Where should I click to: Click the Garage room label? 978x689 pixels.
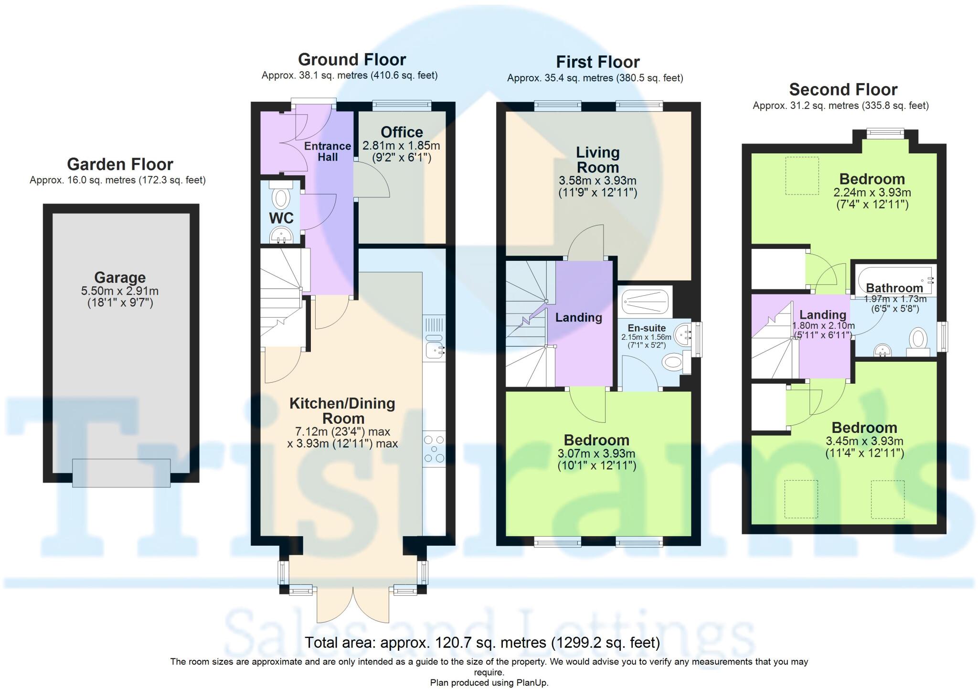[x=120, y=278]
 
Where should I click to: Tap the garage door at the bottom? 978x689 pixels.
[x=121, y=473]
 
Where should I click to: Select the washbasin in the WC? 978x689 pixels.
[x=281, y=235]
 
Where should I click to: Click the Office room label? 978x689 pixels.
[x=402, y=132]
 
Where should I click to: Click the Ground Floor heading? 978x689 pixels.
[x=352, y=60]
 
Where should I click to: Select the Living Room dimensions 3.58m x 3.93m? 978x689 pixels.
[x=597, y=181]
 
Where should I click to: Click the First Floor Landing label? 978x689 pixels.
[x=578, y=318]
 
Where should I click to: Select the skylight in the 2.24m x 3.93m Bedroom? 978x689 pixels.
[x=802, y=176]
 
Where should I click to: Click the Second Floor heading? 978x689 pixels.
[x=843, y=90]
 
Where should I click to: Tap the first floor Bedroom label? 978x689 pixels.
[x=596, y=440]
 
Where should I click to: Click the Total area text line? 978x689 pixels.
[x=482, y=643]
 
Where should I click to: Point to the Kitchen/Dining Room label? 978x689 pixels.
[x=342, y=410]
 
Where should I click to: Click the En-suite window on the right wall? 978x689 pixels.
[x=699, y=339]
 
